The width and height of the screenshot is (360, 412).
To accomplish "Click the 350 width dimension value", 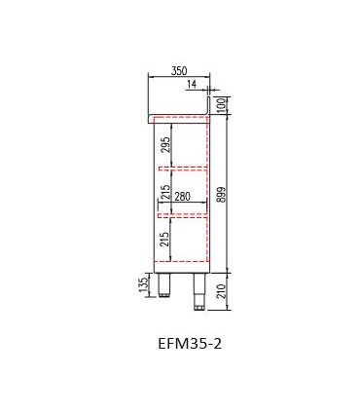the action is pyautogui.click(x=179, y=70).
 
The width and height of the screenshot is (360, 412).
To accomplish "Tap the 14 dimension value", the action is pyautogui.click(x=192, y=84).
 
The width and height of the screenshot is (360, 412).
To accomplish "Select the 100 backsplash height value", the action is pyautogui.click(x=221, y=105).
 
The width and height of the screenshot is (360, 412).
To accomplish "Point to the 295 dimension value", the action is pyautogui.click(x=165, y=144).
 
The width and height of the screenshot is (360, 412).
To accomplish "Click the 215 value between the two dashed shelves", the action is pyautogui.click(x=165, y=193).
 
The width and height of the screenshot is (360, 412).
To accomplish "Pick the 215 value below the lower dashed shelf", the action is pyautogui.click(x=165, y=239).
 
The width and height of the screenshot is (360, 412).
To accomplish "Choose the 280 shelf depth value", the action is pyautogui.click(x=182, y=197).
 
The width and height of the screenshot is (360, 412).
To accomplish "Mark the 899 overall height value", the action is pyautogui.click(x=221, y=195).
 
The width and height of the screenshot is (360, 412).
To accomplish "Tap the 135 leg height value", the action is pyautogui.click(x=144, y=284).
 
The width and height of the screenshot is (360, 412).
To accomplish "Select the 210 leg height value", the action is pyautogui.click(x=221, y=291).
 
